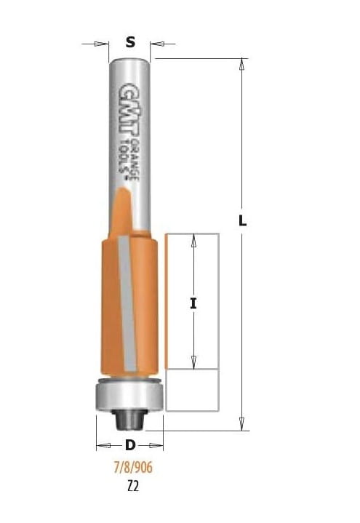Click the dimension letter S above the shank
coord(130,42)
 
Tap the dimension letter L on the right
coord(243,220)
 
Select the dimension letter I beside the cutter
coord(193,303)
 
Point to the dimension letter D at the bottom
coord(130,445)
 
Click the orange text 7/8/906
coord(133,467)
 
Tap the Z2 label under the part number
coord(133,487)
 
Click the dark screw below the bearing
coord(129,420)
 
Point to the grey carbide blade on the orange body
coord(127,303)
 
